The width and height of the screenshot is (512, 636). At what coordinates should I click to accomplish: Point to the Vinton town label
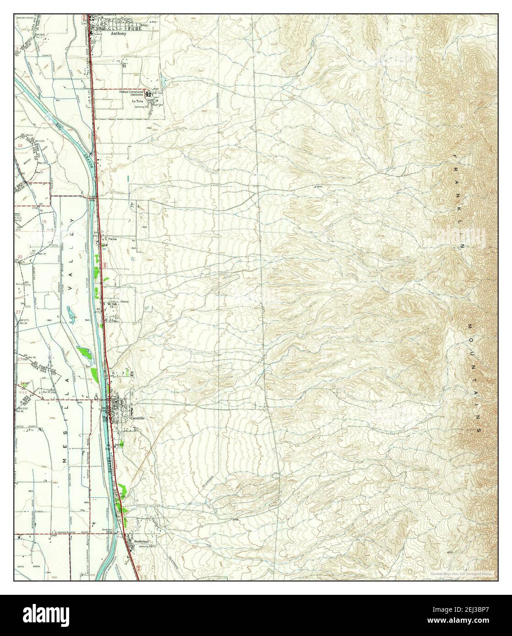pyautogui.click(x=113, y=239)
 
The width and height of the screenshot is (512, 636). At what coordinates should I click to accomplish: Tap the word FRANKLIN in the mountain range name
pyautogui.click(x=458, y=201)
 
